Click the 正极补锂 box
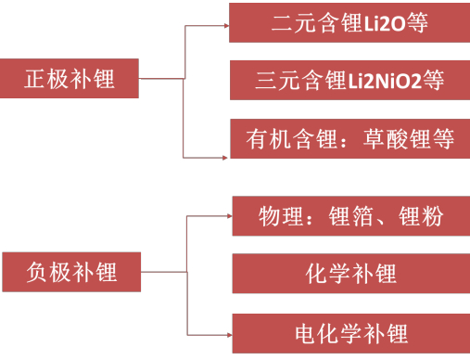70,79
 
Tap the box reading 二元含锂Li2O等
349,22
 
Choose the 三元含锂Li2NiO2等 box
349,81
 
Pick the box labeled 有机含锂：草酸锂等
349,139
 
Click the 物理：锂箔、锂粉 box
349,217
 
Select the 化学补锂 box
349,275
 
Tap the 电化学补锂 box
349,332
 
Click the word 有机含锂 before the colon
283,139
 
